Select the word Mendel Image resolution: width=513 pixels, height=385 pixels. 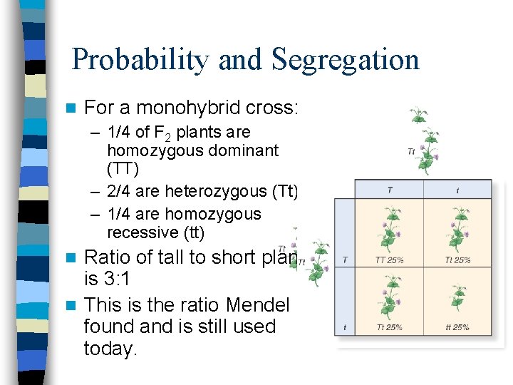[257, 305]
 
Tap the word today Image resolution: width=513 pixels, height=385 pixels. [110, 349]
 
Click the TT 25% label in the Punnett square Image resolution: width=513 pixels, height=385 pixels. [389, 260]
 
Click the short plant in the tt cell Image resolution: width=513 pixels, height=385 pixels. [457, 299]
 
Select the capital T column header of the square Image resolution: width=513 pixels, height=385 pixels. [389, 190]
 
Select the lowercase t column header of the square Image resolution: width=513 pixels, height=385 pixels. [457, 190]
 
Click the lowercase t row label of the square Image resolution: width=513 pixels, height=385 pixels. [345, 327]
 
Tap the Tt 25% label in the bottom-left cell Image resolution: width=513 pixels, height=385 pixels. [389, 327]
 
